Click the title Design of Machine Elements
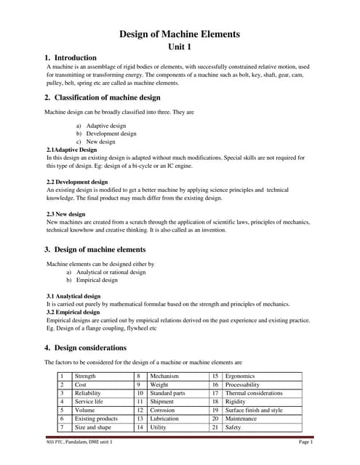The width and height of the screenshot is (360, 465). click(179, 34)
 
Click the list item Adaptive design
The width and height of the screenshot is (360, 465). click(105, 126)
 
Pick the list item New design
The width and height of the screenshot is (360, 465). click(101, 142)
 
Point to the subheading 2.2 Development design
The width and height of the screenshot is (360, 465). click(77, 182)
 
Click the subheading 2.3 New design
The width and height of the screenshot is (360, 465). click(65, 214)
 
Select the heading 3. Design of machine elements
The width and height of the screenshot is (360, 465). click(95, 249)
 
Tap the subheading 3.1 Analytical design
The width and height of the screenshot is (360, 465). click(73, 296)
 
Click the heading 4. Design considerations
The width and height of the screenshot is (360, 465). click(85, 348)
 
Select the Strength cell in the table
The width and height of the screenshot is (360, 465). click(86, 376)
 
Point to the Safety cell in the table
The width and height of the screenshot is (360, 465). click(233, 428)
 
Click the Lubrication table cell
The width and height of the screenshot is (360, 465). click(166, 419)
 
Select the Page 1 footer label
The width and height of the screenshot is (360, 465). click(305, 442)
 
